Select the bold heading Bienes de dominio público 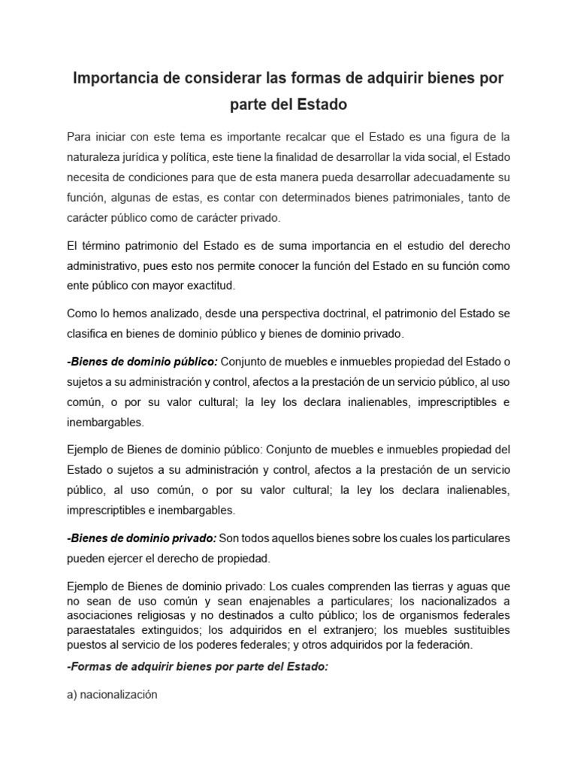(142, 361)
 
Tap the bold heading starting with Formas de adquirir (198, 668)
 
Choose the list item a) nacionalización (112, 695)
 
